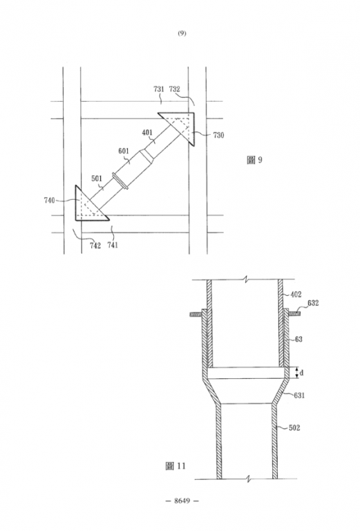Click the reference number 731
coord(159,89)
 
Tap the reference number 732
coord(175,89)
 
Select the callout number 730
coord(218,135)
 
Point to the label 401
coord(147,133)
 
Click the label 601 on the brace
coord(124,151)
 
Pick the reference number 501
coord(97,178)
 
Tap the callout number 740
coord(49,201)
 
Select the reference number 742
coord(95,245)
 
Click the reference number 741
coord(113,245)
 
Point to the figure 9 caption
coord(254,160)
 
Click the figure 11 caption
coord(176,466)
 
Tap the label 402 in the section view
coord(296,295)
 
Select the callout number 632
coord(313,303)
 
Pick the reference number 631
coord(299,395)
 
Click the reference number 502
coord(294,428)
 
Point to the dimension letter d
coord(302,373)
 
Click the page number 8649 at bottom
coord(182,501)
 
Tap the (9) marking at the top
coord(182,33)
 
